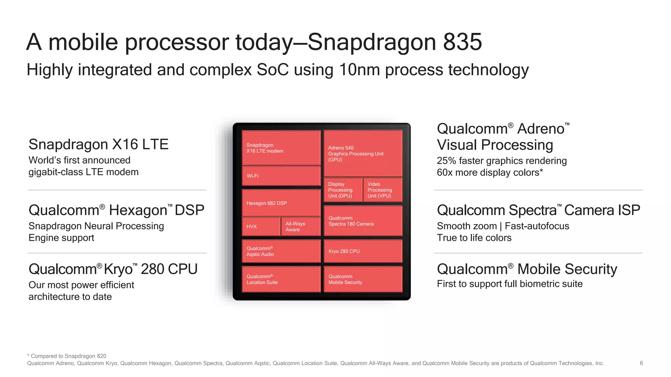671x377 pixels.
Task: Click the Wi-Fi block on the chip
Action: [x=281, y=176]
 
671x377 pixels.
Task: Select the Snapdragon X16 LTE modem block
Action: [x=281, y=148]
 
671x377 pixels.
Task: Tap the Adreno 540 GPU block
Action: [x=363, y=153]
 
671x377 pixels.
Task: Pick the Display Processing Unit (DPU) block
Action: [x=343, y=190]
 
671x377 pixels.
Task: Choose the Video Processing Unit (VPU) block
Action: [x=382, y=190]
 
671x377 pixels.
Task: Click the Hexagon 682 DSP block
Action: [x=281, y=203]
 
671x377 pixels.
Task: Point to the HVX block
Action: [x=261, y=226]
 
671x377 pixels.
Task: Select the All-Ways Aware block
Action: [x=300, y=226]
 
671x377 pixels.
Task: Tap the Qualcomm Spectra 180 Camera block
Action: [x=363, y=221]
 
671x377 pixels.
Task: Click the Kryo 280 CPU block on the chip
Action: [x=363, y=251]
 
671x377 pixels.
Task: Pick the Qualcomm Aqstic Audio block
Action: [x=281, y=251]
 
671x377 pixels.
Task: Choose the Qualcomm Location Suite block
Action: [x=281, y=279]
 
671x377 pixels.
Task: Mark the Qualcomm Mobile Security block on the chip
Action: [x=363, y=279]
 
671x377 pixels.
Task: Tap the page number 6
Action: [x=641, y=363]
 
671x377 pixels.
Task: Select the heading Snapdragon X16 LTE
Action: [x=98, y=144]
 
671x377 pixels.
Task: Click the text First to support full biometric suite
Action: [x=509, y=284]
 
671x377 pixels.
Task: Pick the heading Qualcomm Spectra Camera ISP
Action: [x=538, y=210]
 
